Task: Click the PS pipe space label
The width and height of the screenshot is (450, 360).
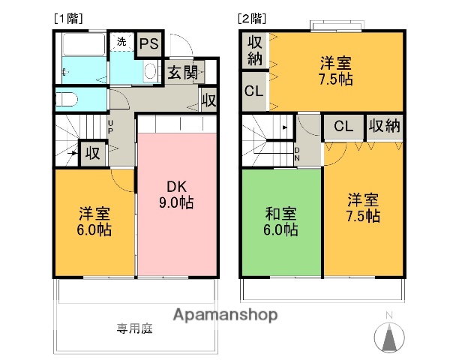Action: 148,44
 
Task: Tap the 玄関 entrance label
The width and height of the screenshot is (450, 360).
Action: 182,73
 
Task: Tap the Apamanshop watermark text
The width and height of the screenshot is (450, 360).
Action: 225,314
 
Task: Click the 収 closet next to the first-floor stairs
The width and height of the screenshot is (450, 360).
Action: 91,153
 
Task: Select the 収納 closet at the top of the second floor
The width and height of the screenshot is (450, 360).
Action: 254,50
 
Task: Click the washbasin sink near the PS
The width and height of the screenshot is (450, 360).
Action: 148,72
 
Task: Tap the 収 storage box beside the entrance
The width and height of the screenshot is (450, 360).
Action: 208,99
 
